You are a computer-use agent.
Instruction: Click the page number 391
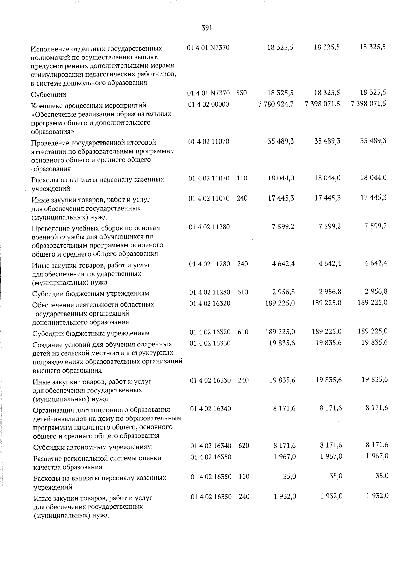[x=207, y=28]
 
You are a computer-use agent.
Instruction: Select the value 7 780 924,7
[x=276, y=104]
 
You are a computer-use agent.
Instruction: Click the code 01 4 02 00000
[x=209, y=104]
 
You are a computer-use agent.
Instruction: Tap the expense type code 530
[x=241, y=93]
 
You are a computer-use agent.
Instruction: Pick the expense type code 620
[x=244, y=446]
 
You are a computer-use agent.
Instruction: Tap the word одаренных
[x=155, y=344]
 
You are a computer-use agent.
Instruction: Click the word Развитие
[x=47, y=458]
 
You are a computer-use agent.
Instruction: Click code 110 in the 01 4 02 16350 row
[x=244, y=476]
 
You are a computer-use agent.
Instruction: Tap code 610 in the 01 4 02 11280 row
[x=243, y=292]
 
